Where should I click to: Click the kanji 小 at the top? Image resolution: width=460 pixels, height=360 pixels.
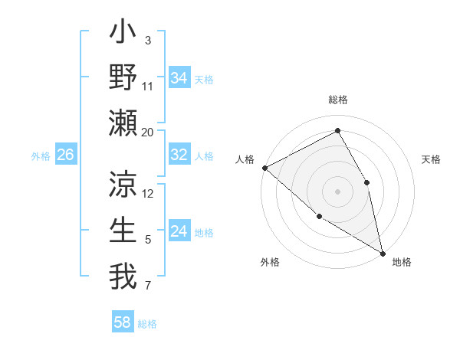(123, 34)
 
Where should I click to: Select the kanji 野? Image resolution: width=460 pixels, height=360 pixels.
(123, 78)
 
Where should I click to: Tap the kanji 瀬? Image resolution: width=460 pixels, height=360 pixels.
(123, 123)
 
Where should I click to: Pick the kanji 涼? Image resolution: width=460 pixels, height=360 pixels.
(123, 185)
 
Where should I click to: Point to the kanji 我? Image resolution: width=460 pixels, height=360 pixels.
(123, 276)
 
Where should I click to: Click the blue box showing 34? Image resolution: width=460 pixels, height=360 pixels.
(179, 77)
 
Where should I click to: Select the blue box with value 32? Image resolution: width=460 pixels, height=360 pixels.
(179, 155)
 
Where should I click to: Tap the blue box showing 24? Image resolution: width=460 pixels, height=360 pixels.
(179, 231)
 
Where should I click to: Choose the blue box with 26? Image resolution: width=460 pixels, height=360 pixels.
(65, 155)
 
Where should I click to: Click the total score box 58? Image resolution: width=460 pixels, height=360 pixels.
(123, 322)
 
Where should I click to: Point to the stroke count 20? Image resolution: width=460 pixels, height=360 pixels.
(147, 132)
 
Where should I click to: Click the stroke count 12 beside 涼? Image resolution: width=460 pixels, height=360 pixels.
(148, 193)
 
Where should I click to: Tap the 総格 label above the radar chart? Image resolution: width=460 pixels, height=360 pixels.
(337, 100)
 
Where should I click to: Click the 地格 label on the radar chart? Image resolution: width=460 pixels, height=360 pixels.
(402, 262)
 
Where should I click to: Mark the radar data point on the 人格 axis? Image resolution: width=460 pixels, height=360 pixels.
(264, 168)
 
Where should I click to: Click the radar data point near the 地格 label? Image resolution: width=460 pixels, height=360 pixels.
(382, 252)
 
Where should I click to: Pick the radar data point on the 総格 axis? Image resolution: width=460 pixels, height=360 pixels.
(337, 130)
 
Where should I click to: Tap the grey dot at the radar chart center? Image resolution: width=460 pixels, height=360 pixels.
(337, 191)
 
